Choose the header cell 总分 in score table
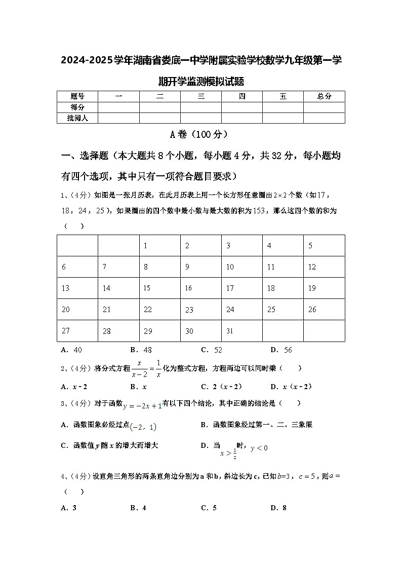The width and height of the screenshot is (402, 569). click(324, 96)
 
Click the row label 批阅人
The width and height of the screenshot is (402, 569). click(77, 118)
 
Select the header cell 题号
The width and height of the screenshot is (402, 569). click(77, 96)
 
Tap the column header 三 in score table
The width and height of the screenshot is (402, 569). click(201, 96)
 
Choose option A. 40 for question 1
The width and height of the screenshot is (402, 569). click(71, 350)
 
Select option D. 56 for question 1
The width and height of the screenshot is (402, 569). click(281, 350)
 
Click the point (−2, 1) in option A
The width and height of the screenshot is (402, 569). click(143, 427)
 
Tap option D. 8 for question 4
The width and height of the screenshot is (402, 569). click(278, 508)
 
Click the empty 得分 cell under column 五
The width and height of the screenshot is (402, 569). click(283, 107)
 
